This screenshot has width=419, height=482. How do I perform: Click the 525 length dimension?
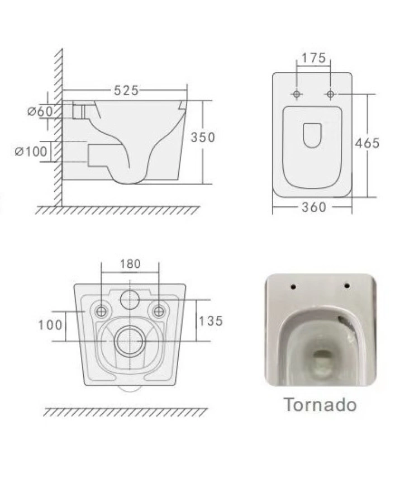126,91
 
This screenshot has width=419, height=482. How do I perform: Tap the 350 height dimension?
203,137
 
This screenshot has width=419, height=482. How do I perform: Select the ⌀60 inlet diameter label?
40,111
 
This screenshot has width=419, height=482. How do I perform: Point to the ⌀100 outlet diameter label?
31,151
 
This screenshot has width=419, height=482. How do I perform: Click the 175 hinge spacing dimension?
313,58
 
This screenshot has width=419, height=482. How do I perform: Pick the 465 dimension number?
368,143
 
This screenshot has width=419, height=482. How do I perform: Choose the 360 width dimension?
313,207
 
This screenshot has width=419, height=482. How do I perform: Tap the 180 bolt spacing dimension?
130,264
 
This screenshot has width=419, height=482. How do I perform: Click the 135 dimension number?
211,321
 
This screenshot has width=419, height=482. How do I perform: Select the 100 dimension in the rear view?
50,325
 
